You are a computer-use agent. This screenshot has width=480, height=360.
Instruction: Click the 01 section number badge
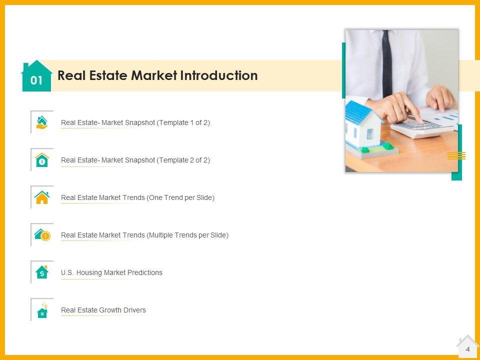(36, 76)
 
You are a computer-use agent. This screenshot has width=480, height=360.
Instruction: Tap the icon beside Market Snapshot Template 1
(42, 122)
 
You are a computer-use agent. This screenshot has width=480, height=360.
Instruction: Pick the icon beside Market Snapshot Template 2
(42, 160)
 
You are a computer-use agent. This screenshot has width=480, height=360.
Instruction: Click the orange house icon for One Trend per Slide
(42, 197)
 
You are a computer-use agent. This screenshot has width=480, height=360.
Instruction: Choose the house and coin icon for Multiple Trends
(42, 235)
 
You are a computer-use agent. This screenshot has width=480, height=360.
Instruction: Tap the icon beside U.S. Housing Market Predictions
(42, 272)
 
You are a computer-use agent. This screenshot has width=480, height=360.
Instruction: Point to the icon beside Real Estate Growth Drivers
(42, 310)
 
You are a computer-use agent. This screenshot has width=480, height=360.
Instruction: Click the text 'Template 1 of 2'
(183, 123)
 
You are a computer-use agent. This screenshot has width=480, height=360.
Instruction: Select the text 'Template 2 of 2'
(183, 160)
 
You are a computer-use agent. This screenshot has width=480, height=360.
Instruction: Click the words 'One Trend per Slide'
(180, 198)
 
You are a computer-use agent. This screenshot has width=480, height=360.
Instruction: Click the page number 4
(467, 349)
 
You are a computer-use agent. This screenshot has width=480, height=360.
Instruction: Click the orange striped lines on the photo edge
(456, 155)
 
